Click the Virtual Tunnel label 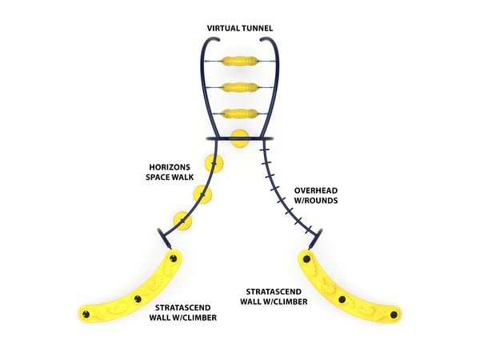[240, 29]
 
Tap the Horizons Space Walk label [170, 173]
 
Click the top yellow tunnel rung [239, 61]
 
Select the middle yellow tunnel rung [239, 88]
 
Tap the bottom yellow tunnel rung [239, 114]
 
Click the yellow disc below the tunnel [239, 139]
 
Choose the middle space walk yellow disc [206, 194]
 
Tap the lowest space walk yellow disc [183, 220]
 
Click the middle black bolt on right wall [342, 299]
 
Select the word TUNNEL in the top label [258, 29]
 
